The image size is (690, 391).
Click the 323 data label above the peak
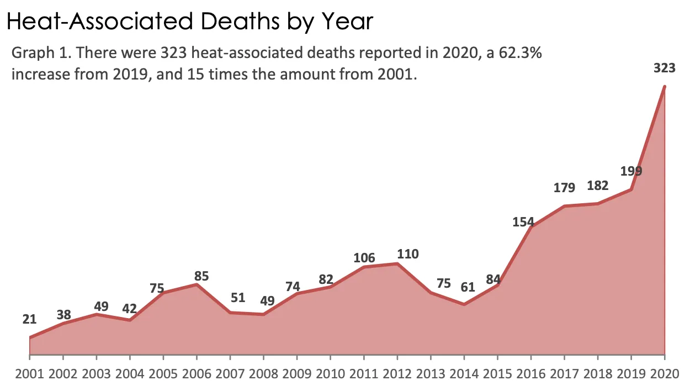[664, 69]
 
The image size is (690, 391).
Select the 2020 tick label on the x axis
[665, 373]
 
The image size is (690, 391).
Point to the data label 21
[29, 319]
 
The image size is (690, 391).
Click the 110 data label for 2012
[408, 255]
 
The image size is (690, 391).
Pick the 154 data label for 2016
[523, 222]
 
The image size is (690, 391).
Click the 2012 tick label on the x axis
[397, 373]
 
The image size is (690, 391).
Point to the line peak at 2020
[665, 87]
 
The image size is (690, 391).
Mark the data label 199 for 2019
[631, 171]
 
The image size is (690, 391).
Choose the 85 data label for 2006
[201, 276]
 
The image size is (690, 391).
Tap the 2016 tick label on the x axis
[530, 373]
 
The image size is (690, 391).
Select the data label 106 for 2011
[364, 258]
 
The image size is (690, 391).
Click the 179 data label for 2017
[564, 188]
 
